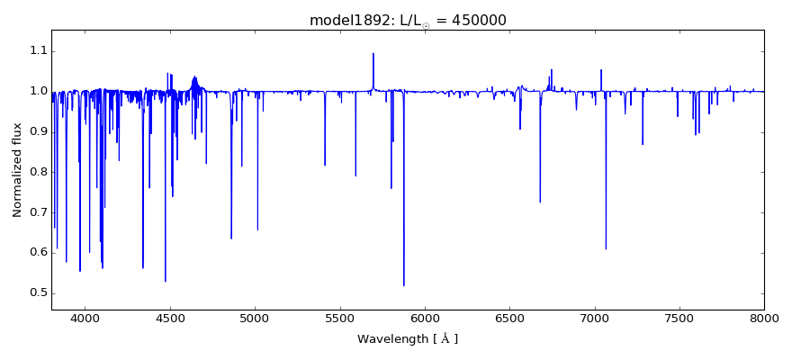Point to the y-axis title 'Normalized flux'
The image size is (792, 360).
(x=17, y=170)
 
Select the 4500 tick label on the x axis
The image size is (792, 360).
(x=170, y=319)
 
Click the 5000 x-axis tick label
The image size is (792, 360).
(x=255, y=319)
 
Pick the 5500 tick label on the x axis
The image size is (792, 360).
(x=340, y=319)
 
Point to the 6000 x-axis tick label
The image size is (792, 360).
(x=425, y=319)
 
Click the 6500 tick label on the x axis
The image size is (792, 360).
(x=509, y=319)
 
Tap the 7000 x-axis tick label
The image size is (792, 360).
(x=595, y=319)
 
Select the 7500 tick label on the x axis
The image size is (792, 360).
(x=679, y=319)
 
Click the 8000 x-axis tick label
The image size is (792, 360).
(x=764, y=319)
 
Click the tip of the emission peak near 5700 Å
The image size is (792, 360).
(x=373, y=53)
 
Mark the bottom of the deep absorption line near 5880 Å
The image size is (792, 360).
(x=404, y=285)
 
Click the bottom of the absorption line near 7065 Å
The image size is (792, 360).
(x=606, y=249)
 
